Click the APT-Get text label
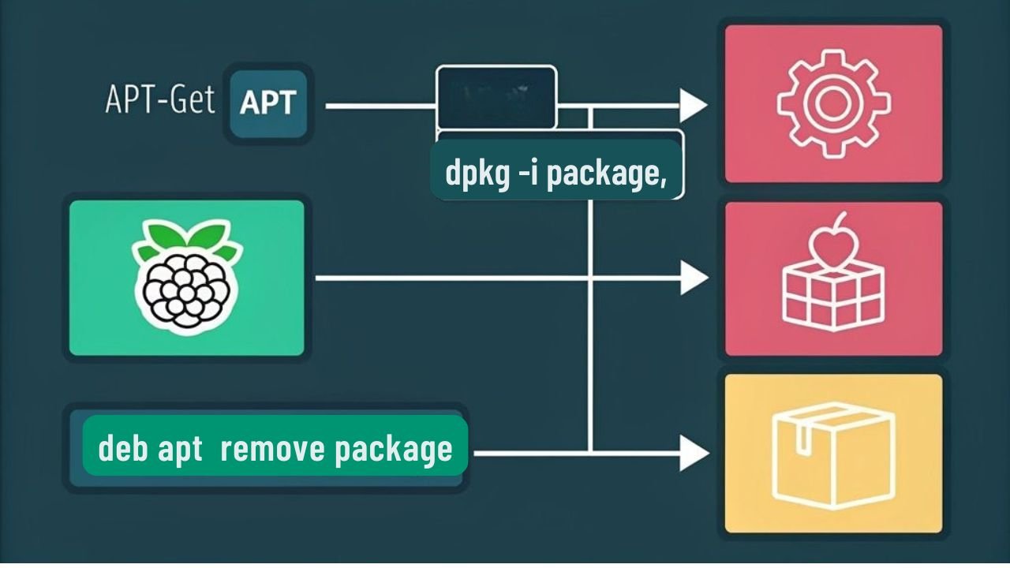pyautogui.click(x=160, y=102)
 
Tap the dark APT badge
pyautogui.click(x=267, y=103)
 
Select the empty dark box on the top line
pyautogui.click(x=496, y=96)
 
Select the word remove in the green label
pyautogui.click(x=272, y=449)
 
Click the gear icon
pyautogui.click(x=833, y=103)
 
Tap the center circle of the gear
pyautogui.click(x=833, y=103)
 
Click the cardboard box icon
pyautogui.click(x=833, y=454)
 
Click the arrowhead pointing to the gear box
pyautogui.click(x=693, y=106)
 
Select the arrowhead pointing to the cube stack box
pyautogui.click(x=693, y=278)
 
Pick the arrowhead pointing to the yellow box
pyautogui.click(x=693, y=453)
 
